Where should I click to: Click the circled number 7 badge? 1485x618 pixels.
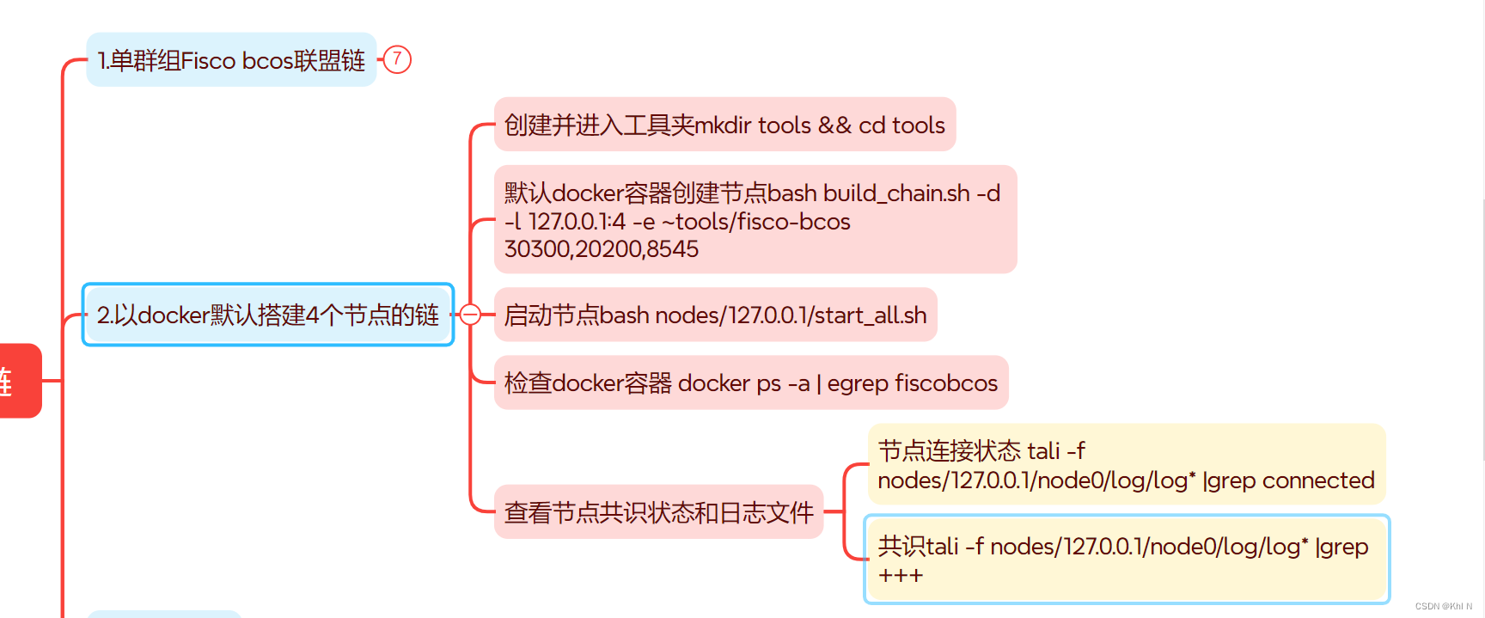click(397, 59)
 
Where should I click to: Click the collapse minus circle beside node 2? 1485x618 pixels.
click(470, 315)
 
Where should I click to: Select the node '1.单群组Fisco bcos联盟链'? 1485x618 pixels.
click(231, 60)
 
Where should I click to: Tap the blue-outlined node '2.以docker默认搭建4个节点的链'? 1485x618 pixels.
click(267, 315)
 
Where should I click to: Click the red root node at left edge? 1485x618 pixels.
click(19, 381)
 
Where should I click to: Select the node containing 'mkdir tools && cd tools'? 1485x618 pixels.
click(724, 125)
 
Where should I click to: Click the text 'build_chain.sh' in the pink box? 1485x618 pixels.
click(896, 193)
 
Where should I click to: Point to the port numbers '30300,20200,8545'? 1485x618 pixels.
click(602, 249)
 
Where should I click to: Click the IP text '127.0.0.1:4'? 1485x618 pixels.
click(577, 222)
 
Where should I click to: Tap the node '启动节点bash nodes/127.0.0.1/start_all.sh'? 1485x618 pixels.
click(715, 315)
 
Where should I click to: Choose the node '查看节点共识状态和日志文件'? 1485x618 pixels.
click(658, 513)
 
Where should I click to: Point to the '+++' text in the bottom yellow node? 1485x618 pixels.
click(900, 575)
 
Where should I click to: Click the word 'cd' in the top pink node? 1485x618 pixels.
click(871, 125)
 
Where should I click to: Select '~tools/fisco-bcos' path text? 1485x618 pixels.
click(755, 222)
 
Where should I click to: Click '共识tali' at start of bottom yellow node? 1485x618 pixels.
click(917, 547)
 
